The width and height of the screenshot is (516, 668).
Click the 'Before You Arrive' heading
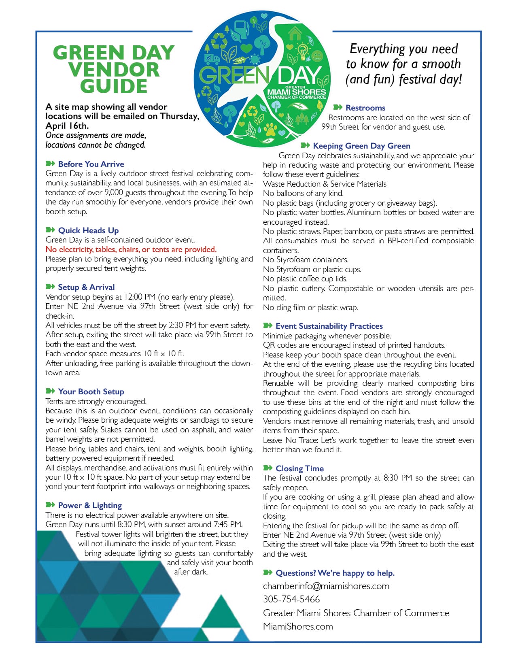pos(91,164)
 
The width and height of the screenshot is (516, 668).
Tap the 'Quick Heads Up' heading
pos(88,230)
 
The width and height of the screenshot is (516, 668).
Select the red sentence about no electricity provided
pos(131,249)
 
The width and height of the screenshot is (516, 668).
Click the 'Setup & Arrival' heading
pos(86,287)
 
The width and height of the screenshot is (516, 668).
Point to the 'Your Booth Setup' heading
pos(91,391)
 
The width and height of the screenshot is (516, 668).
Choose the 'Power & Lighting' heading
pos(89,505)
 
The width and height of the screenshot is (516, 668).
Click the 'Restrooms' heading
pos(365,108)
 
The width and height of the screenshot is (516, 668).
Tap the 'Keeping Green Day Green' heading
pos(361,146)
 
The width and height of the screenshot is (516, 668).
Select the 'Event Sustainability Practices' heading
pos(329,326)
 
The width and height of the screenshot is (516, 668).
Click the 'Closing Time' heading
pos(299,468)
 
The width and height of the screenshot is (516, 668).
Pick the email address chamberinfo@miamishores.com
pos(326,586)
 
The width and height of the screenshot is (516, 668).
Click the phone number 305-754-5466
pos(291,599)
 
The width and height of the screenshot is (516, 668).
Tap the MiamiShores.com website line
pos(298,626)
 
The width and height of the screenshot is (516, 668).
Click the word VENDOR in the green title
pos(114,69)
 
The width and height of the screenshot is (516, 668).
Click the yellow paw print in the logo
pos(270,129)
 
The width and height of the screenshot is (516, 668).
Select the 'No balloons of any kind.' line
pos(303,194)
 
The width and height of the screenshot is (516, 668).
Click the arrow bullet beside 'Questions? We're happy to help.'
pos(268,572)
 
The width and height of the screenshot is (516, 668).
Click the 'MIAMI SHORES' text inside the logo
pos(296,92)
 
